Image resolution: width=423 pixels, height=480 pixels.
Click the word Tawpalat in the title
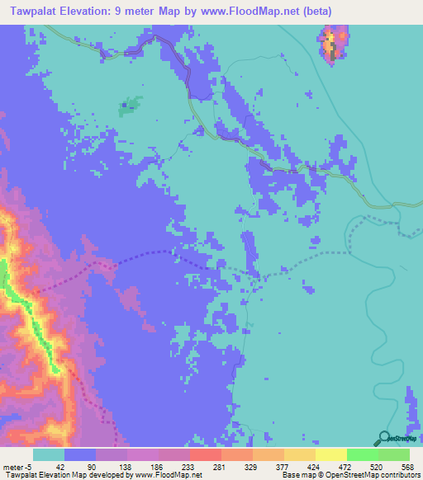(x=32, y=11)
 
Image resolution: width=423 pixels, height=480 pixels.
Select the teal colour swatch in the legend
(x=49, y=454)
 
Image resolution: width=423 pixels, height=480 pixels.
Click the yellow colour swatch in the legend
(x=330, y=454)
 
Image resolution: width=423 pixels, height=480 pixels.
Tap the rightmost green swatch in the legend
(x=394, y=454)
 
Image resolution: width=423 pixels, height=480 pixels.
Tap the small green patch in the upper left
(x=128, y=106)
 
